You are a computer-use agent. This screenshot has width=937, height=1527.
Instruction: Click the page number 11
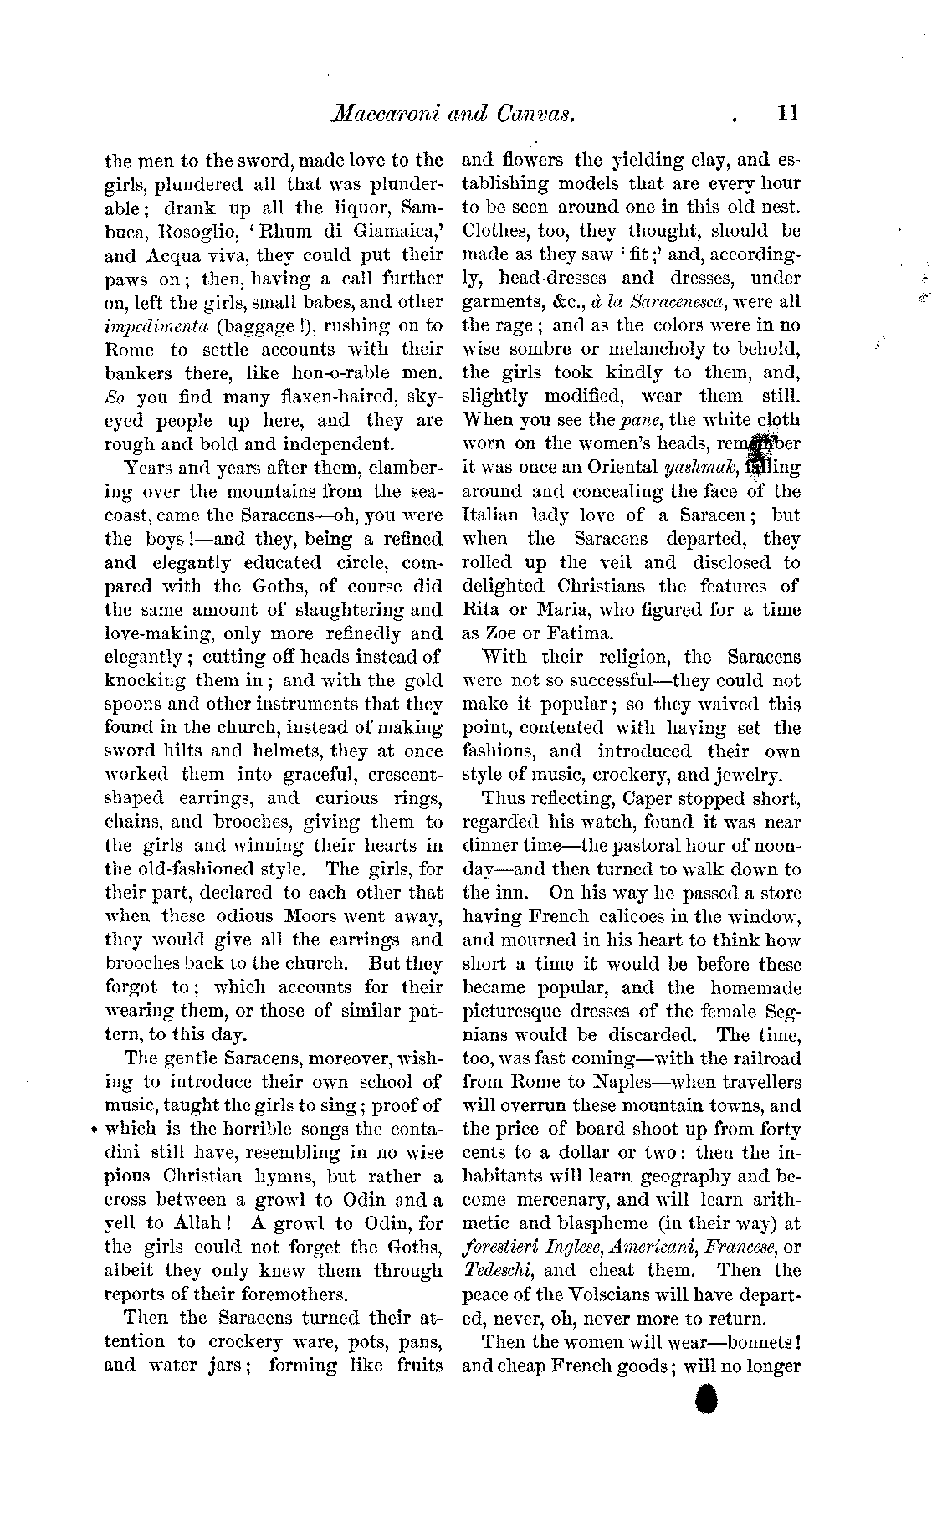click(x=788, y=112)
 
